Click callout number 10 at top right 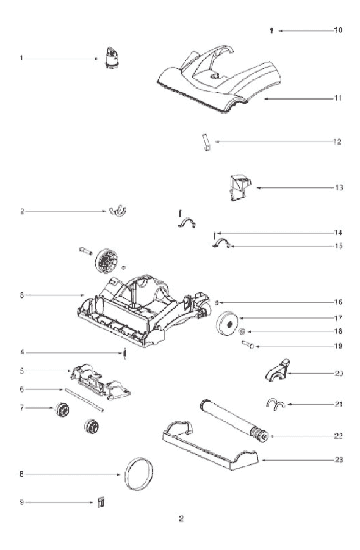[338, 30]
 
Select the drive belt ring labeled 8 [126, 474]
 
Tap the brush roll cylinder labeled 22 [234, 420]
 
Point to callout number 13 [339, 187]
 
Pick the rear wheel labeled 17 [227, 324]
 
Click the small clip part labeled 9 [101, 502]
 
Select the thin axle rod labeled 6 [84, 399]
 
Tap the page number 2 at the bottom [181, 518]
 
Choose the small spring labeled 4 [124, 353]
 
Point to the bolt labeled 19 [248, 344]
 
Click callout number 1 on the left [21, 58]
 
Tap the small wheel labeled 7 [62, 410]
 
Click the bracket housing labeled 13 [240, 187]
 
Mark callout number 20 [339, 374]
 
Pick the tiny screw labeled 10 [272, 31]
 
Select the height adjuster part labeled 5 [100, 382]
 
